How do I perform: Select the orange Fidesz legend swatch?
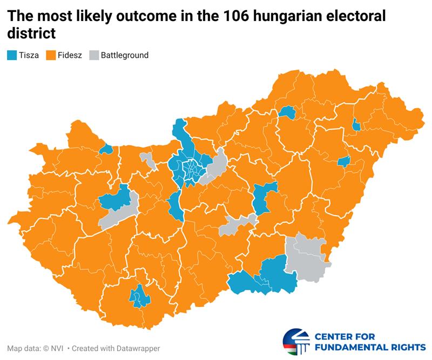[x=51, y=55]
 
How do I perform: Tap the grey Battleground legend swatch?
[x=94, y=55]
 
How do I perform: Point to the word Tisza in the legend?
[x=29, y=55]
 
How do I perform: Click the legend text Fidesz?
[x=70, y=55]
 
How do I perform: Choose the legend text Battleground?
[x=125, y=55]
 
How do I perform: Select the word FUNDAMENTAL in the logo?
[x=355, y=347]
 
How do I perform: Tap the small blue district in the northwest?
[x=106, y=149]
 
